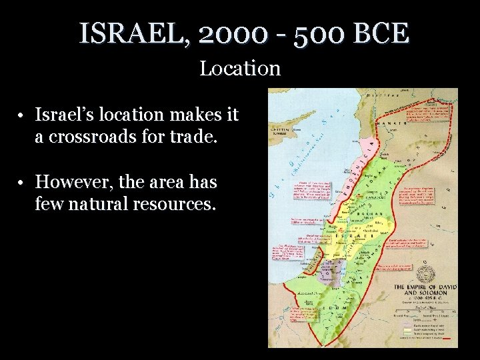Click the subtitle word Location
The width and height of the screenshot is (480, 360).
tap(240, 68)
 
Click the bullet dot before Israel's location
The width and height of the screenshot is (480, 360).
tap(22, 116)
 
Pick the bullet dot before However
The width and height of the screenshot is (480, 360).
tap(22, 182)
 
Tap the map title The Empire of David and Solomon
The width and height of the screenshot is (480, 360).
tap(423, 291)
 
